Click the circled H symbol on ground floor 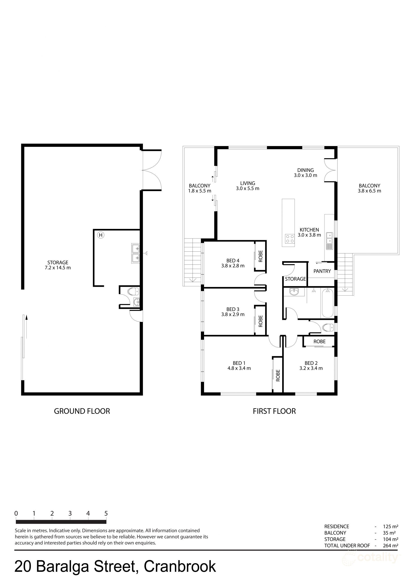click(101, 235)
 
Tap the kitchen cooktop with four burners click(289, 238)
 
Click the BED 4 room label click(233, 260)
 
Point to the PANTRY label click(322, 271)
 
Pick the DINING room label click(305, 170)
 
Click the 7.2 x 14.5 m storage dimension click(58, 268)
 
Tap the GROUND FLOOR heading click(82, 411)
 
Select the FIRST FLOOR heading click(274, 411)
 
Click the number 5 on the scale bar click(106, 513)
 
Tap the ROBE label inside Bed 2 click(319, 341)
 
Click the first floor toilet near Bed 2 click(328, 328)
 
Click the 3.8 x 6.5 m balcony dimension click(369, 191)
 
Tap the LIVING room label click(248, 183)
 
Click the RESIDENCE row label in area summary click(337, 527)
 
